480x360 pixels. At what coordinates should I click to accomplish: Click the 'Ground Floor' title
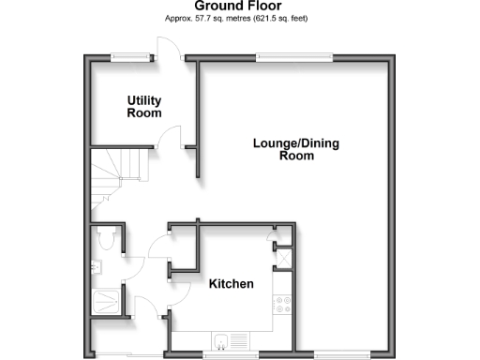[x=239, y=7]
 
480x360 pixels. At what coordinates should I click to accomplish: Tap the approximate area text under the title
[x=239, y=19]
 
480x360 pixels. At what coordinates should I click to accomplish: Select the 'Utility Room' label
[x=143, y=106]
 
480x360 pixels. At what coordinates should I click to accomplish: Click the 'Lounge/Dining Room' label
[x=295, y=150]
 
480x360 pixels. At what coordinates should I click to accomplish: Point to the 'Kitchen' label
[x=231, y=283]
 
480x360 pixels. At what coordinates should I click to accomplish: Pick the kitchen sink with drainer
[x=230, y=340]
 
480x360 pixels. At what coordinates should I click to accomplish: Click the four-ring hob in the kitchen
[x=282, y=305]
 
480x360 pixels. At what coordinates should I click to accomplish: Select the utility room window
[x=129, y=56]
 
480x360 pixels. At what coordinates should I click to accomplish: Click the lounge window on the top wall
[x=295, y=56]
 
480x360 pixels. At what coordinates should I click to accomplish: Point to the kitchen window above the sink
[x=230, y=354]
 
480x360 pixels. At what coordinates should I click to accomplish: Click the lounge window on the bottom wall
[x=334, y=354]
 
